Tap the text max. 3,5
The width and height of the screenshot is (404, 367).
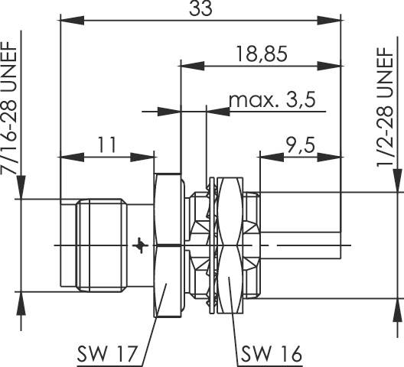point(272,99)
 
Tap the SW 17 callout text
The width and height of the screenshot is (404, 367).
point(106,354)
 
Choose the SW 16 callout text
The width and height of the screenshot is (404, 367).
point(272,354)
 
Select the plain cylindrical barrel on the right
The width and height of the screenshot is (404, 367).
point(298,217)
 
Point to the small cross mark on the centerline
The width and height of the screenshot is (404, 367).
point(138,245)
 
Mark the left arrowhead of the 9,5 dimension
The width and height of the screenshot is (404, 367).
point(264,158)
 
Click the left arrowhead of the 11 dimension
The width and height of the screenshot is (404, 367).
point(64,158)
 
